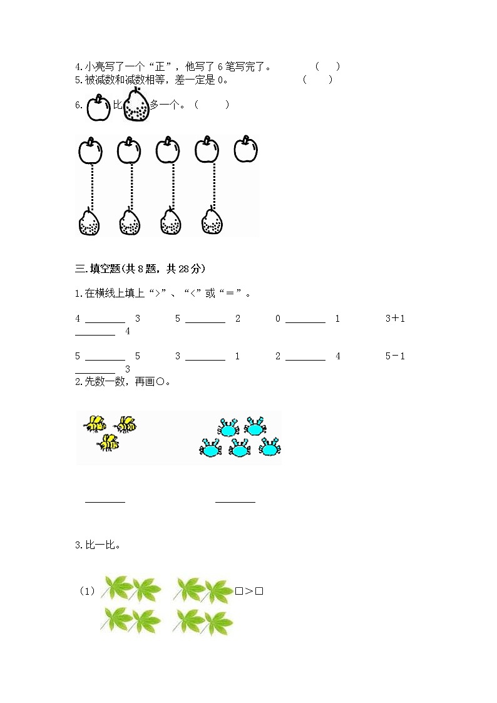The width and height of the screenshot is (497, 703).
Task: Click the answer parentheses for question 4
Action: click(327, 66)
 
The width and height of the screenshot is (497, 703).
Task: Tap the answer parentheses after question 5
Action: click(317, 80)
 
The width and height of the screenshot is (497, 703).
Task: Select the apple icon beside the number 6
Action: click(98, 108)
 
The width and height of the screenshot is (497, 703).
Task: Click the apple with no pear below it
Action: click(246, 149)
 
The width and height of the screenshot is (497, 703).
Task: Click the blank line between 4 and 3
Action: click(105, 322)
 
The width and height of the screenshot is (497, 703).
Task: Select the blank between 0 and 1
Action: click(305, 322)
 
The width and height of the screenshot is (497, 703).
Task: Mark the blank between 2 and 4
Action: click(305, 359)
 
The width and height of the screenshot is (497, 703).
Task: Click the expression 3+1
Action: click(395, 318)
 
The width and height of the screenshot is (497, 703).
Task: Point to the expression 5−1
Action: click(395, 356)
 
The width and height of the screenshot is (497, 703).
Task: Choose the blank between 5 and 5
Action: click(105, 359)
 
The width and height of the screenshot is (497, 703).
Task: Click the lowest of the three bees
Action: click(108, 443)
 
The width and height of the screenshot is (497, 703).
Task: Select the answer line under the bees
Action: click(105, 501)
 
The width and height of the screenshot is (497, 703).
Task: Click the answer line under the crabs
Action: click(235, 501)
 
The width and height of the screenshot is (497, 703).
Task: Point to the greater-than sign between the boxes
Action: click(248, 590)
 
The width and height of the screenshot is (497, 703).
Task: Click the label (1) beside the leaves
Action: click(86, 590)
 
